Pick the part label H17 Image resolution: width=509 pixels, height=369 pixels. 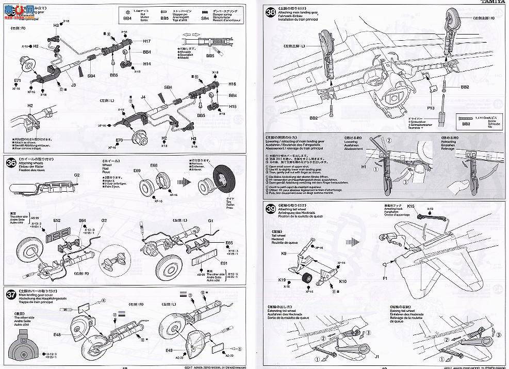tap(147, 41)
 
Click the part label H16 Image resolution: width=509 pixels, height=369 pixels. tap(232, 84)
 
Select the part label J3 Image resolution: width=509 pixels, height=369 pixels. tap(73, 86)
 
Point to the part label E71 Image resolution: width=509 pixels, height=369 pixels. tap(18, 81)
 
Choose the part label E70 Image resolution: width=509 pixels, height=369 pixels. tap(119, 140)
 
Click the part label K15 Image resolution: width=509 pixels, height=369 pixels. tap(411, 206)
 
